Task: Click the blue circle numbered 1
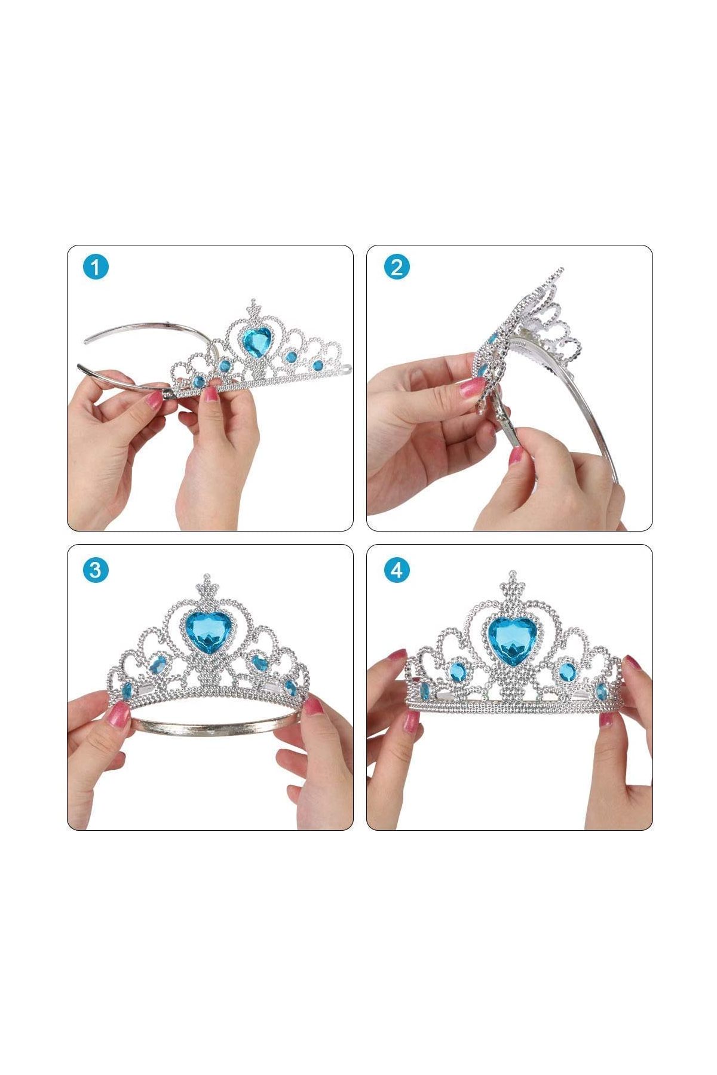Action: point(95,267)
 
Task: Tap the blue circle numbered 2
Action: point(396,267)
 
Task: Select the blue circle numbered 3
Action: point(95,570)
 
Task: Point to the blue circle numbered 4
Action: point(396,570)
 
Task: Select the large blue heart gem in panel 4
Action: point(512,638)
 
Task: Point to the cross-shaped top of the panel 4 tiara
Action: point(512,580)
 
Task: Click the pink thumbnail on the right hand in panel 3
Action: point(312,708)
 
